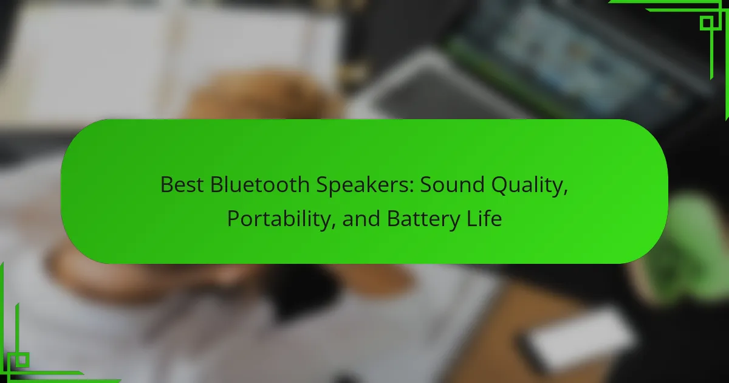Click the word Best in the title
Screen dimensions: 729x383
tap(182, 185)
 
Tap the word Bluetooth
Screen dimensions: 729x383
tap(259, 185)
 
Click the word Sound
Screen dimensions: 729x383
tap(452, 185)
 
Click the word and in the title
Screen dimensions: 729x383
tap(361, 218)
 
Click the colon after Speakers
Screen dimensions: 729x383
tap(411, 187)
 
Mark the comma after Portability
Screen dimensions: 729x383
tap(333, 226)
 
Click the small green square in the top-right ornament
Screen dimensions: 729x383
tap(707, 24)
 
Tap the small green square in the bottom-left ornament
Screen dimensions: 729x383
tap(22, 360)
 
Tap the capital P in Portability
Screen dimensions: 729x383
tap(233, 218)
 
